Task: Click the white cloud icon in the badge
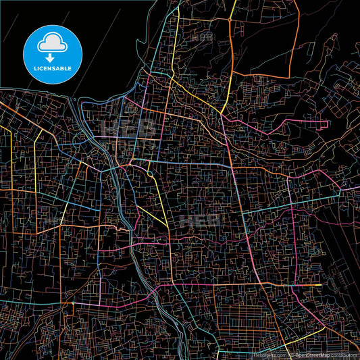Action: click(x=52, y=42)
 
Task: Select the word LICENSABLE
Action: click(x=52, y=68)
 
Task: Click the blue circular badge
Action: click(x=52, y=52)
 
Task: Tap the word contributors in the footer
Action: click(x=344, y=355)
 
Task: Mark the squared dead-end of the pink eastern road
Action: click(x=327, y=125)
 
